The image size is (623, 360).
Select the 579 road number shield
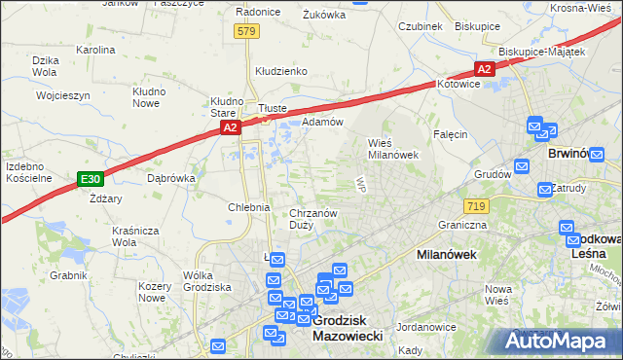[247, 32]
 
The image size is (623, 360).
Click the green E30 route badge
[91, 179]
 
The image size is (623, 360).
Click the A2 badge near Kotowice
[485, 68]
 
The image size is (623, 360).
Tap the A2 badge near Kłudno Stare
[229, 126]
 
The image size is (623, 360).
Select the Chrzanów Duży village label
[313, 219]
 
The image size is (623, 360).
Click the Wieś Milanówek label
[392, 148]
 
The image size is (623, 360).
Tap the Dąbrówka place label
[171, 178]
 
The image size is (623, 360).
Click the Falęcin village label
[452, 134]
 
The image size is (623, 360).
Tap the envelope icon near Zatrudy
[545, 188]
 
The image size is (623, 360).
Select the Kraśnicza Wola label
[136, 236]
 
